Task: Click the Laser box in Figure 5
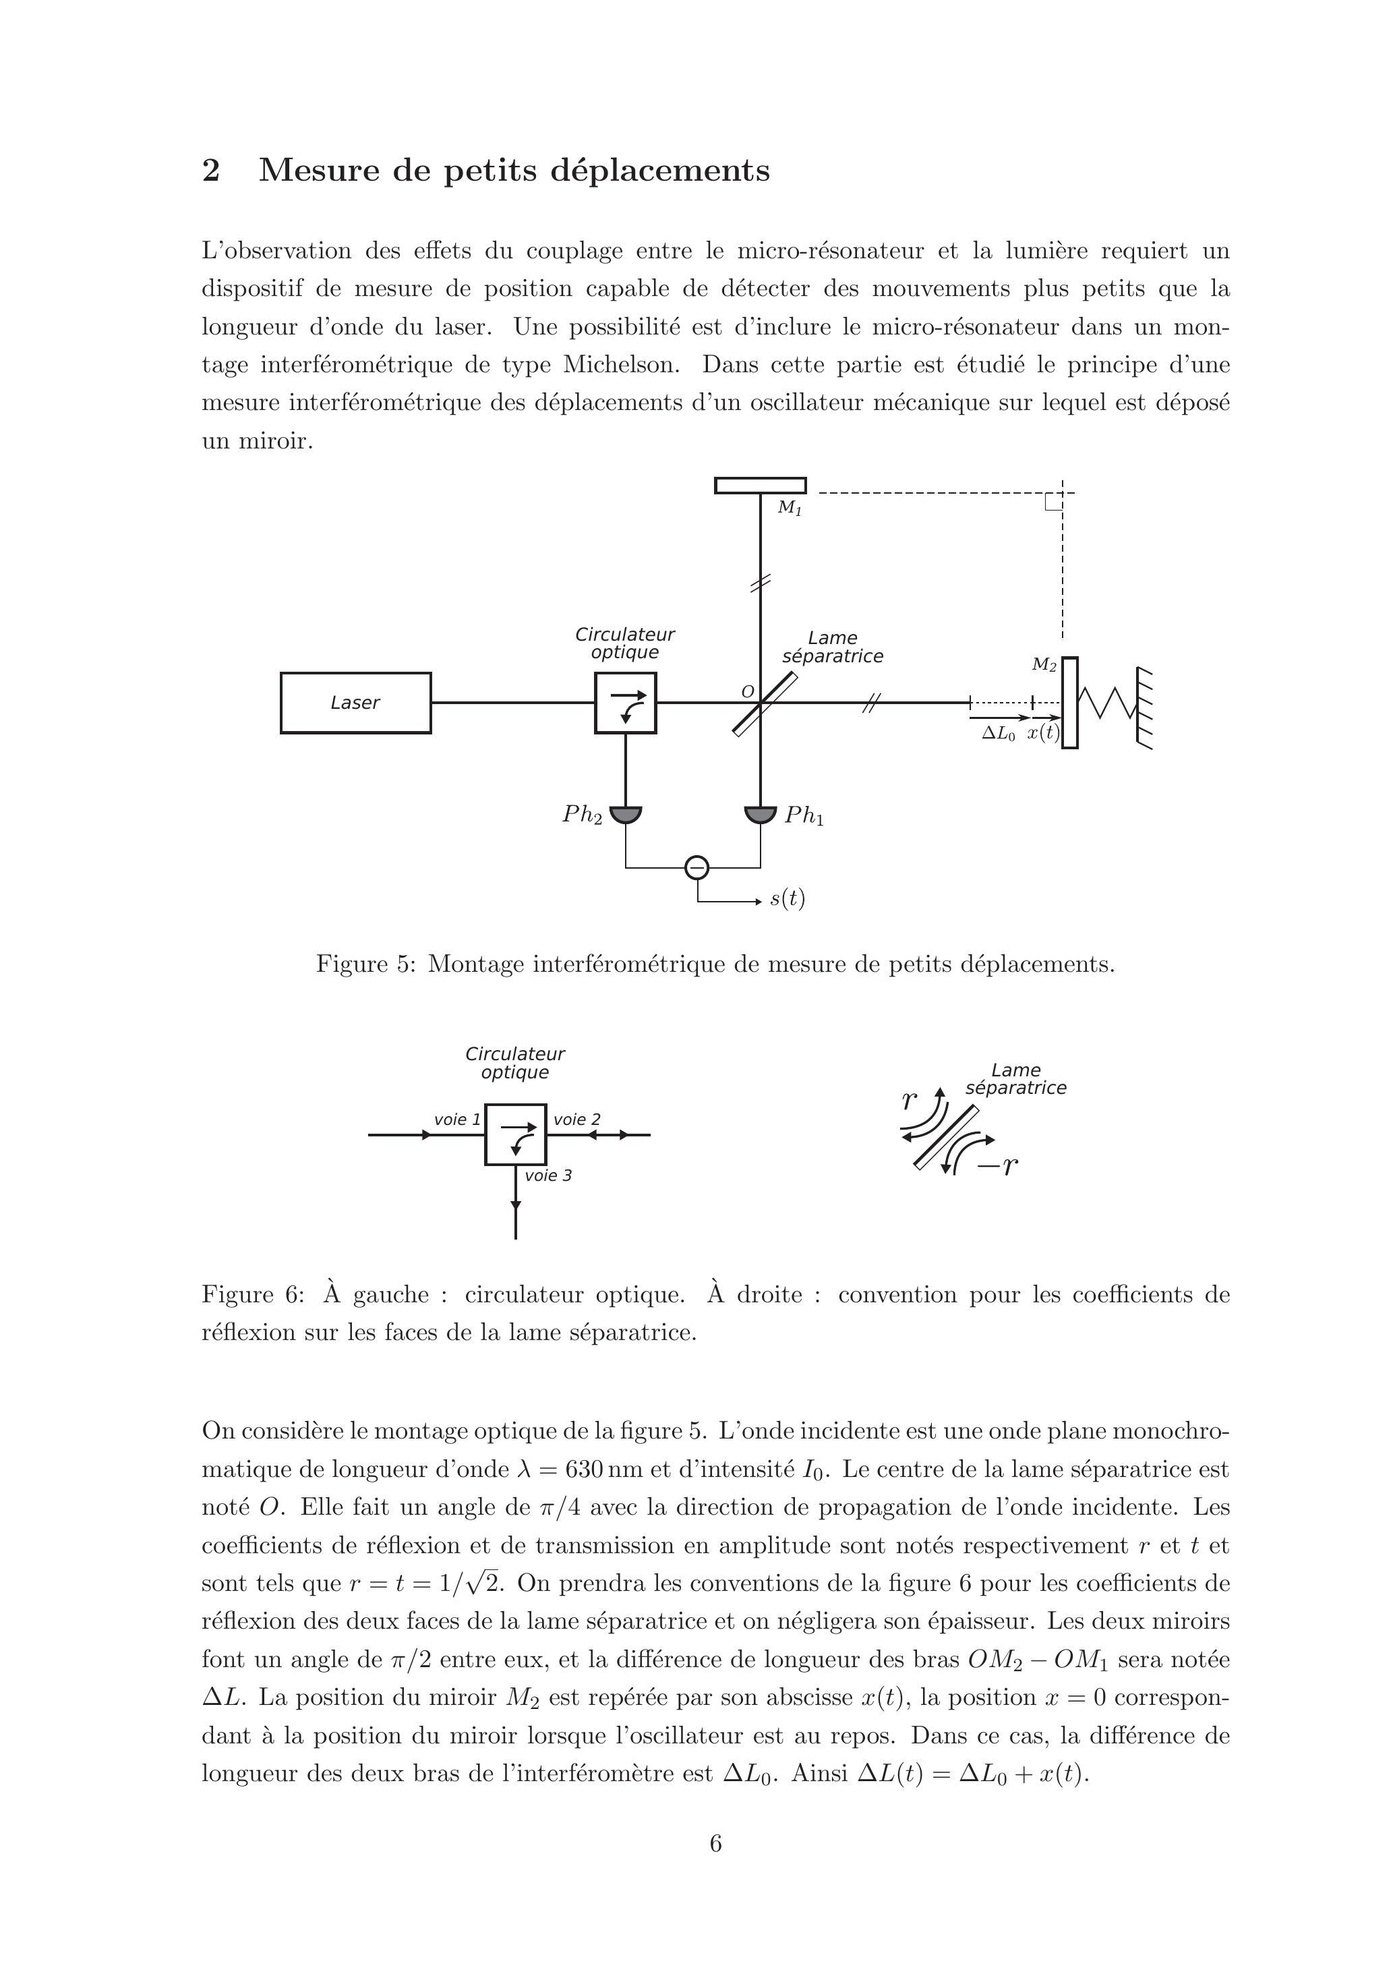pyautogui.click(x=355, y=703)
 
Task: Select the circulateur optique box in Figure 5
pyautogui.click(x=625, y=703)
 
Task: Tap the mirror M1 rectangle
pyautogui.click(x=760, y=486)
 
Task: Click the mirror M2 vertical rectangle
pyautogui.click(x=1069, y=703)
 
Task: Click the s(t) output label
pyautogui.click(x=787, y=898)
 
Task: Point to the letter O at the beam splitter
pyautogui.click(x=747, y=691)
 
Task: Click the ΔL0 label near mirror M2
pyautogui.click(x=998, y=734)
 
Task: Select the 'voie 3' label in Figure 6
pyautogui.click(x=548, y=1175)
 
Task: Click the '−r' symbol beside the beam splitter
pyautogui.click(x=998, y=1165)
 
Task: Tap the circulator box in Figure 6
pyautogui.click(x=515, y=1134)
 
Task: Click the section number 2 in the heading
pyautogui.click(x=210, y=170)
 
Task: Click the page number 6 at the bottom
pyautogui.click(x=715, y=1843)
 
